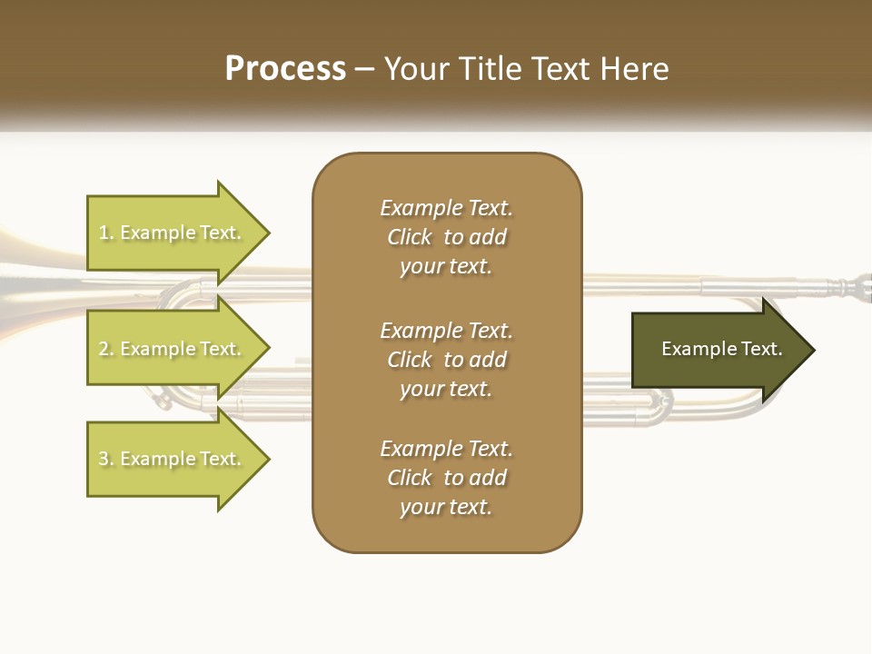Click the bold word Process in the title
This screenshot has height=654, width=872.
[x=285, y=69]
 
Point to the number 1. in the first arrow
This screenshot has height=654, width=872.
[x=106, y=233]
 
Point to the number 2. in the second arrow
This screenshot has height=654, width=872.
[x=106, y=349]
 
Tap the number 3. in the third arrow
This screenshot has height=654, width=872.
[x=106, y=459]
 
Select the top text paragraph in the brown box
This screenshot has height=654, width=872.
[x=446, y=237]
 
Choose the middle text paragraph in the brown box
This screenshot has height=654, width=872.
[x=446, y=360]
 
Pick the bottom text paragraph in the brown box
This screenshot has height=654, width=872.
[x=446, y=478]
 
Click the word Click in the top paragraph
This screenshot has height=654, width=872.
[x=410, y=237]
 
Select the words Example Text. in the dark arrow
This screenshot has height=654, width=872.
[x=721, y=349]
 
